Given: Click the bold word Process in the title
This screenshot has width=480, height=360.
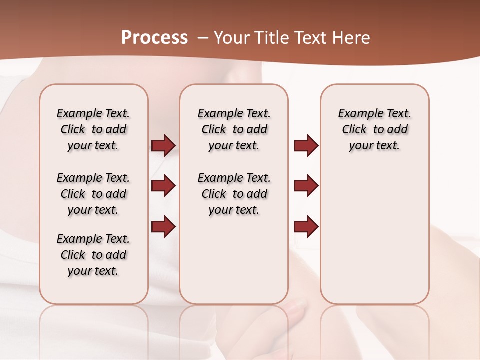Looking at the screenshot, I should [x=154, y=38].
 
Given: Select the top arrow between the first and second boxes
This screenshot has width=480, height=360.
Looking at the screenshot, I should [x=163, y=146].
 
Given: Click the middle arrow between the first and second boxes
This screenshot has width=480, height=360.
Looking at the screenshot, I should [x=163, y=186].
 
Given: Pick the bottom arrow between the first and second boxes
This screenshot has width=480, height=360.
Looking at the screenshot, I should [x=163, y=227].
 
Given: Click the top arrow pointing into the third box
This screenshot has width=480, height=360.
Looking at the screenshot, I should [x=306, y=146].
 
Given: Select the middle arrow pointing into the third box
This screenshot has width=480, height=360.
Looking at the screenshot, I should [x=306, y=186].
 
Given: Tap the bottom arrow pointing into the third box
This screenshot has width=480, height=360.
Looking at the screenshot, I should [x=306, y=227].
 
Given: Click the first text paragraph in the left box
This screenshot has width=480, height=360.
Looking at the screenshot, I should [x=93, y=129].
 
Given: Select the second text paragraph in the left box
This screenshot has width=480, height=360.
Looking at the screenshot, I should [x=93, y=194].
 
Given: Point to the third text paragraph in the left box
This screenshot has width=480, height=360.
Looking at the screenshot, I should [x=93, y=255].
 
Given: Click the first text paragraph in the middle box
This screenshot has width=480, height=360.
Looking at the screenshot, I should [x=234, y=129].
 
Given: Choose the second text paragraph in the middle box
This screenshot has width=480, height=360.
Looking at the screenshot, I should [x=234, y=194].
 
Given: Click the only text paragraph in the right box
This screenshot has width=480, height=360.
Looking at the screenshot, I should [x=374, y=129].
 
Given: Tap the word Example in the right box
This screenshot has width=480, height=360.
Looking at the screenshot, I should [x=357, y=114].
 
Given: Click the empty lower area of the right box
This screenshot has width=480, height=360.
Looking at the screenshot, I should [x=374, y=240].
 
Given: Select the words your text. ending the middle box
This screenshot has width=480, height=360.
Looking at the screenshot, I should [x=234, y=210].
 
